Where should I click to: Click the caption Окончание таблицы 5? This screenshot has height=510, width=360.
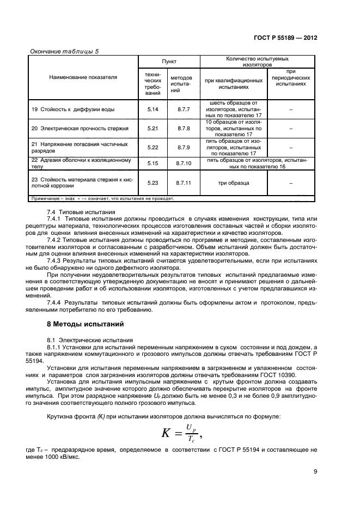(63, 51)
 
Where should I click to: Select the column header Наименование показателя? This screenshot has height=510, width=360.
(83, 77)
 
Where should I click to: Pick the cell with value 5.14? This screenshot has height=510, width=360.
(152, 110)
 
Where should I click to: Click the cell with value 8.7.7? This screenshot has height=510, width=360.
(182, 110)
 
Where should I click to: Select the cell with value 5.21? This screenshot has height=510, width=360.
(152, 129)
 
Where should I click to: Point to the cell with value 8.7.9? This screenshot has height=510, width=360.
(182, 148)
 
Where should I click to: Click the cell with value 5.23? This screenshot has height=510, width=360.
(152, 183)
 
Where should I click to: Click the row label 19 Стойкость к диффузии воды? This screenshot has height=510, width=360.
(73, 110)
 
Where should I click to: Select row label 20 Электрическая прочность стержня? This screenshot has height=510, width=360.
(80, 129)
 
